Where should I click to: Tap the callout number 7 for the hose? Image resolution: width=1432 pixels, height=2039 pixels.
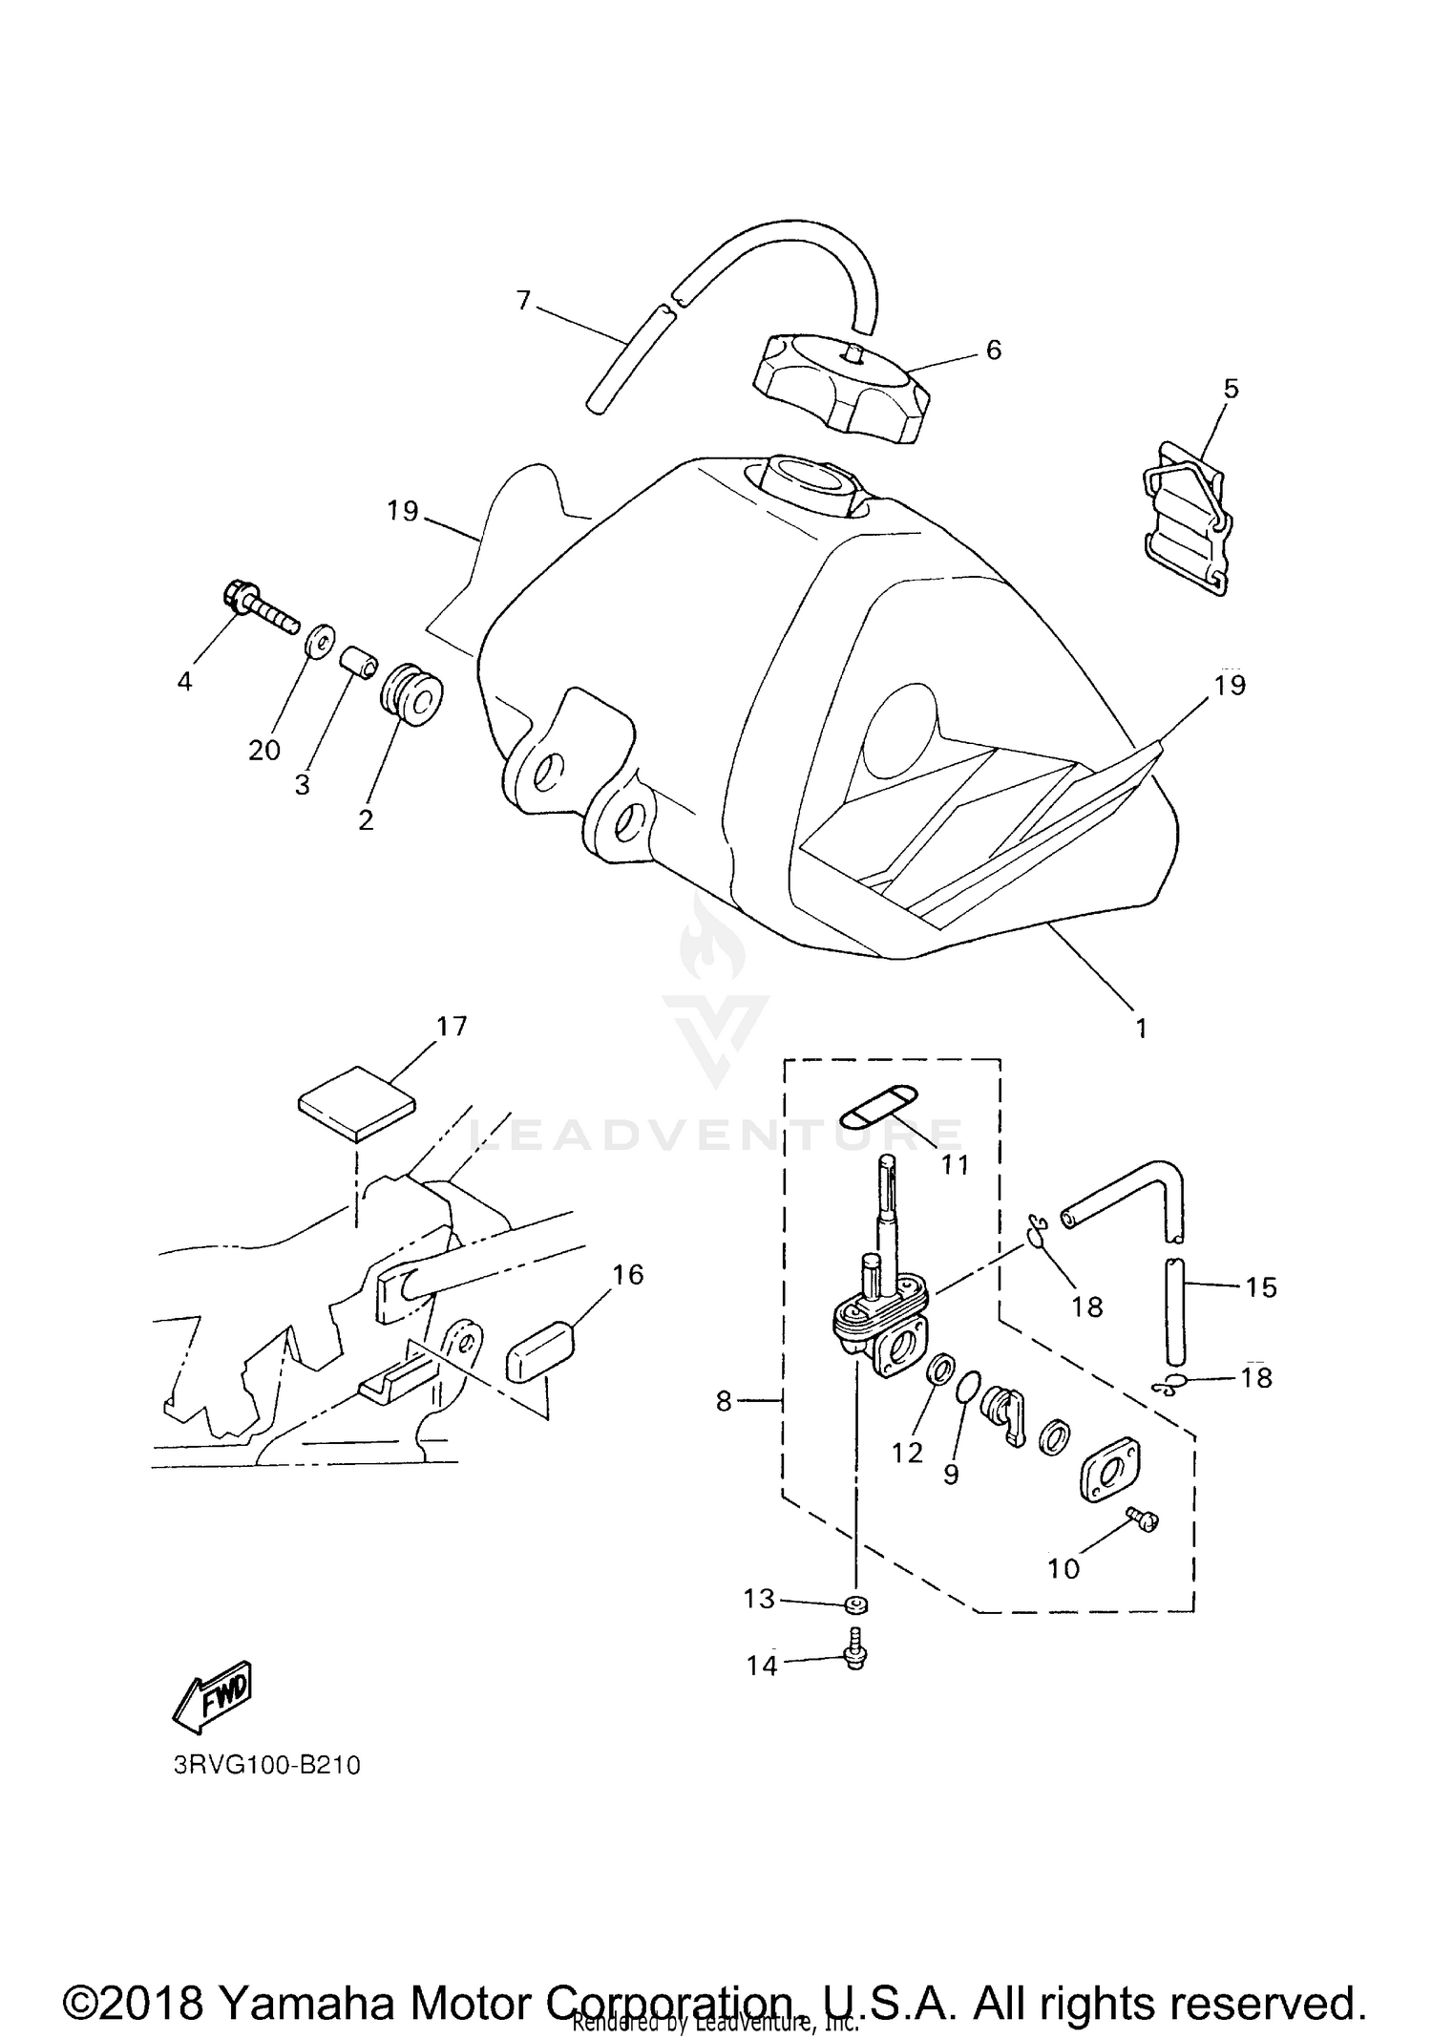522,301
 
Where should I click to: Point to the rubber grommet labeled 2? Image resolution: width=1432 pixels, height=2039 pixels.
412,700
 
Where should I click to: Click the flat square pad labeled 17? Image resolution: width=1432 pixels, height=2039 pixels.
357,1103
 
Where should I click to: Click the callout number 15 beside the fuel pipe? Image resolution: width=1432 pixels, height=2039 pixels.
1260,1287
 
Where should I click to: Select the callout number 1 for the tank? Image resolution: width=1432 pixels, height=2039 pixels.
1141,1029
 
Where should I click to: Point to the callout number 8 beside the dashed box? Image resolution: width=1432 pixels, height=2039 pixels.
724,1401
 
